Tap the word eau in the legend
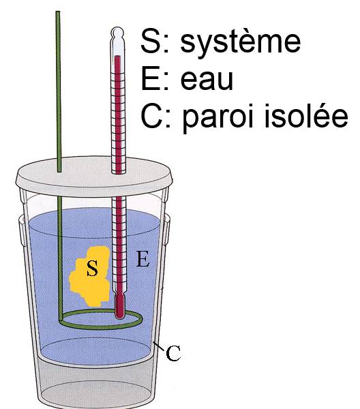coord(207,79)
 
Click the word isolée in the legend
coord(306,115)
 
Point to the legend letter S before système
coord(150,41)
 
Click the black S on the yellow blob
coord(92,269)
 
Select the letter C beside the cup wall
coord(173,353)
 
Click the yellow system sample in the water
coord(90,277)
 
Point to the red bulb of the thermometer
coord(119,307)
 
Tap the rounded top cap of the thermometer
coord(117,33)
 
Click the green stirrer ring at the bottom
coord(101,327)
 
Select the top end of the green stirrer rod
coord(58,12)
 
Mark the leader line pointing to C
coord(159,346)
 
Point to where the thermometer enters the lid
coord(119,172)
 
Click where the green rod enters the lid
coord(59,171)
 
